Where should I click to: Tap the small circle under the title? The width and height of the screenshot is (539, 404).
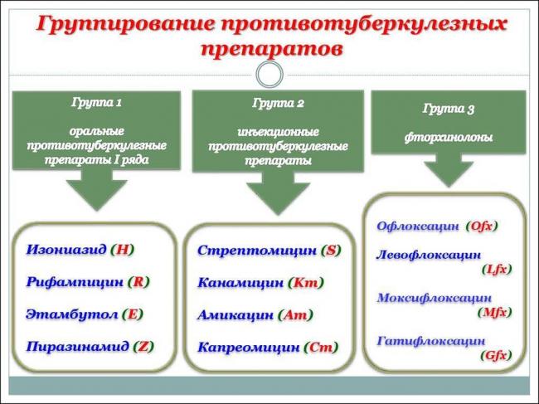pos(269,75)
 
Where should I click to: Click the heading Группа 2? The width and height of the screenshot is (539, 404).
pos(277,104)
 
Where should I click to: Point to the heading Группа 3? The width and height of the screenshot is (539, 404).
pos(448,109)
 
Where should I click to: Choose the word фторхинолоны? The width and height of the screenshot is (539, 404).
pos(448,138)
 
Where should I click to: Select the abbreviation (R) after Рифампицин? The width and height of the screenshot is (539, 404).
pos(138,282)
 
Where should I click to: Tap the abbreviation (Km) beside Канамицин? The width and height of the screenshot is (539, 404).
pos(307,282)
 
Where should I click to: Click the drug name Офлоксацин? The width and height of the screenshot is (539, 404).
pos(417,226)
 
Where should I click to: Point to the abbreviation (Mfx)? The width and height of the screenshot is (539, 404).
pos(495,313)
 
